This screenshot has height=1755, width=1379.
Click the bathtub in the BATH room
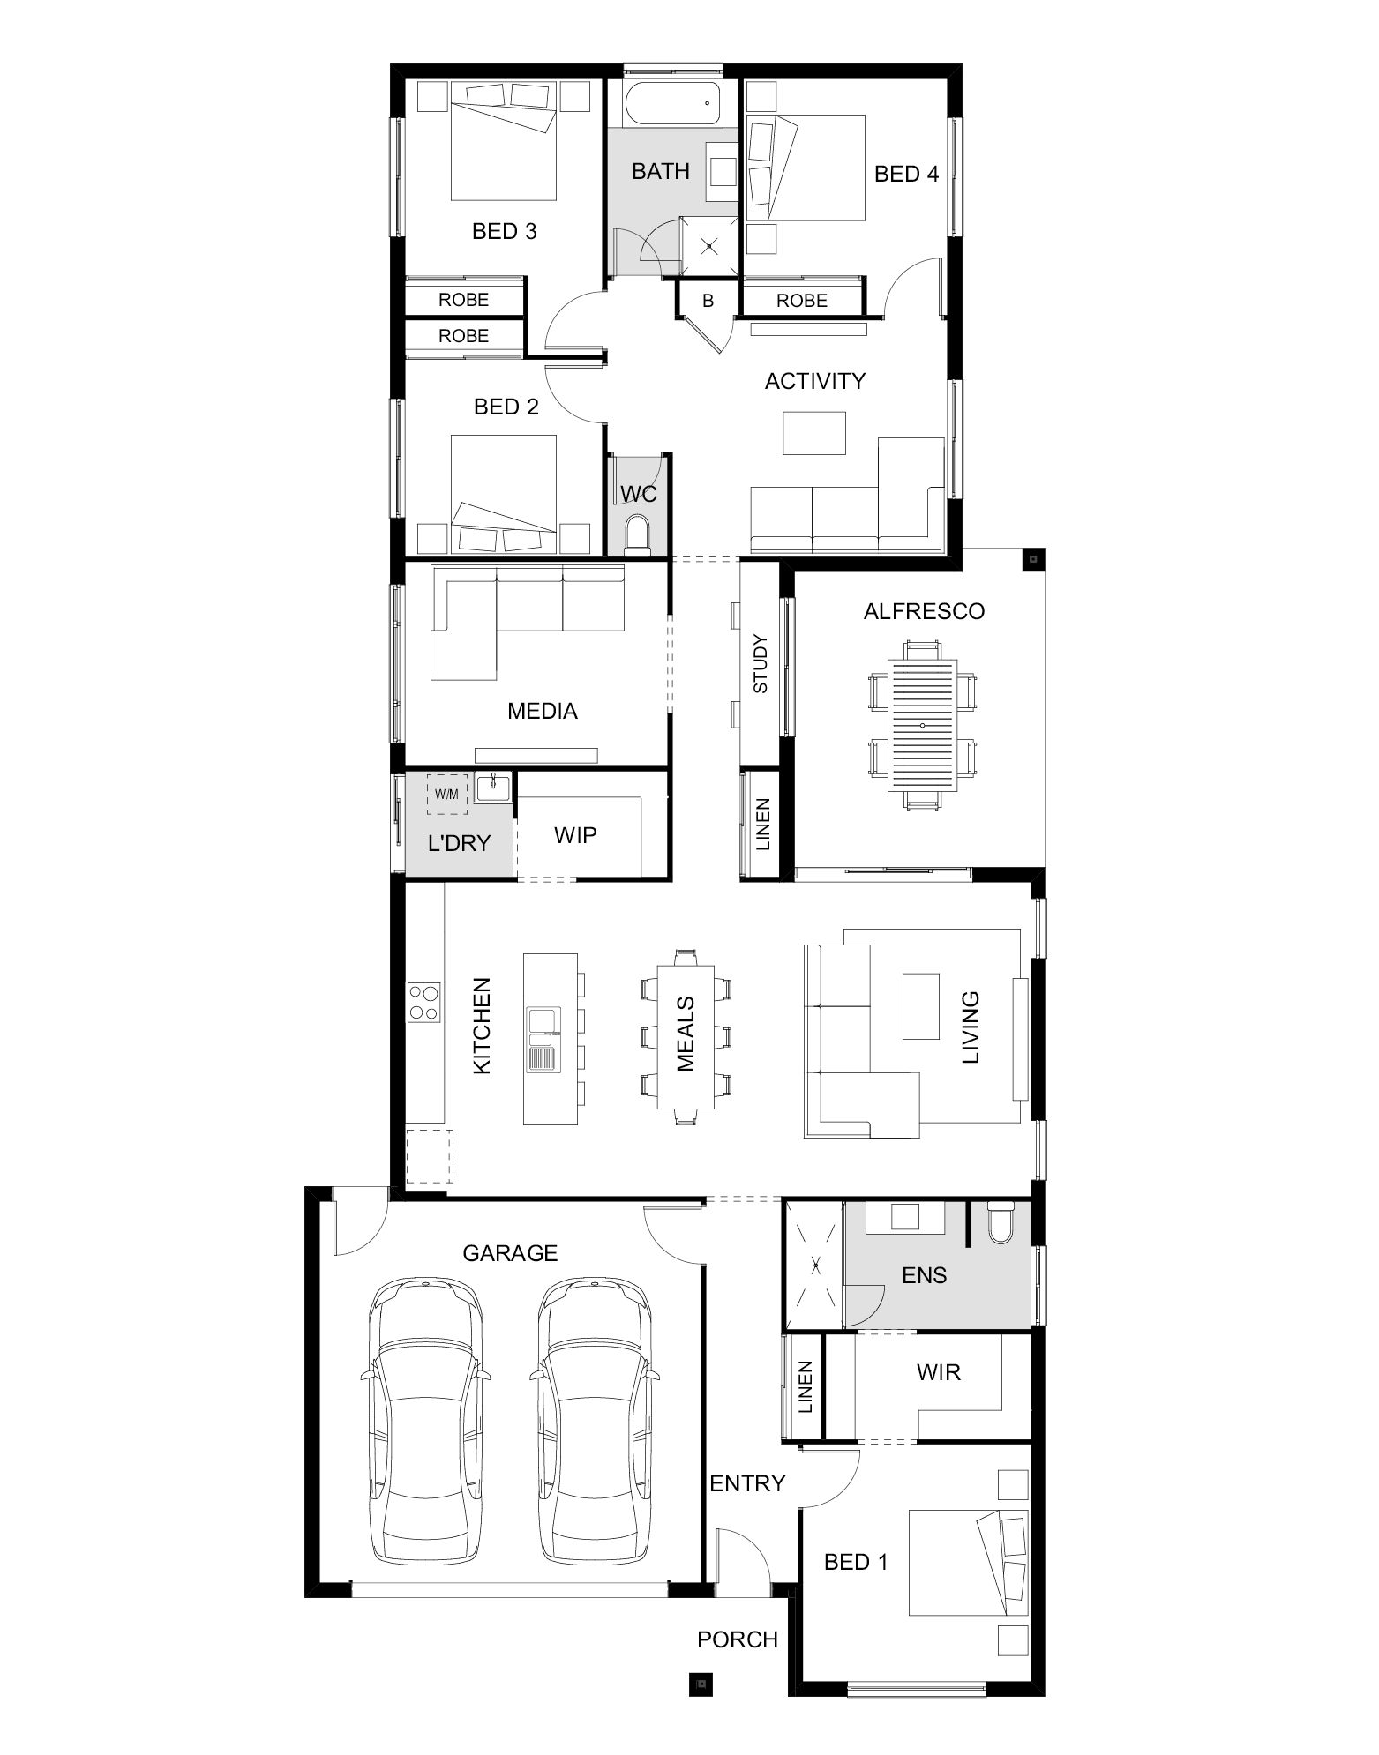(673, 105)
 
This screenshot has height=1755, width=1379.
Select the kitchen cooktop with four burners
(424, 1003)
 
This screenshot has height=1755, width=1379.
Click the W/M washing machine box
(446, 795)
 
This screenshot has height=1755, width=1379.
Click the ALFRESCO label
(924, 611)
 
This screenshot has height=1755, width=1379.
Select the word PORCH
(738, 1639)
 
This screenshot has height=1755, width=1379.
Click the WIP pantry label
(575, 834)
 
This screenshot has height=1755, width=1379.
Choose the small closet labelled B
(708, 301)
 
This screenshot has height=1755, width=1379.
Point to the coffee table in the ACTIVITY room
(814, 433)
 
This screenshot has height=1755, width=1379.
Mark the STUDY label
(761, 664)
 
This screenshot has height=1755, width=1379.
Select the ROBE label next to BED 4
(802, 301)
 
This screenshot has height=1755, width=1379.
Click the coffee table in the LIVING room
(921, 1005)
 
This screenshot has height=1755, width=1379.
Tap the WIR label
(939, 1371)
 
